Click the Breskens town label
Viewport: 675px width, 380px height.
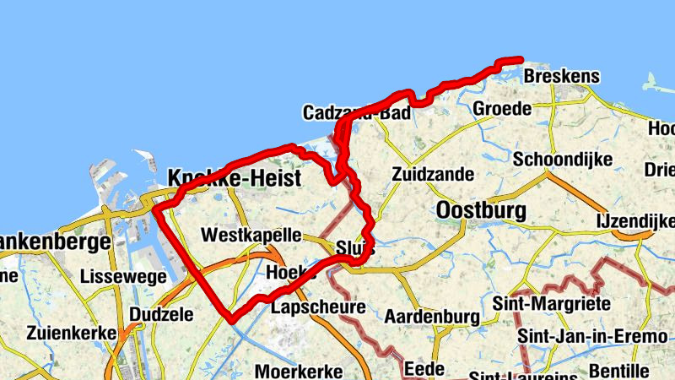point(561,77)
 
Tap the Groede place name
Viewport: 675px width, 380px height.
point(502,109)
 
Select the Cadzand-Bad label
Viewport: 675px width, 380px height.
point(357,113)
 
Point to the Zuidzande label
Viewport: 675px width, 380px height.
point(433,175)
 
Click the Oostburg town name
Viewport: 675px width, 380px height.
point(481,209)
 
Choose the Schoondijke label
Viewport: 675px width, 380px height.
point(559,160)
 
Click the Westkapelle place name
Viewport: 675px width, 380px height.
point(251,235)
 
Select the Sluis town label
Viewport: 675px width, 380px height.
point(354,249)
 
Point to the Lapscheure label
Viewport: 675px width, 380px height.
point(317,307)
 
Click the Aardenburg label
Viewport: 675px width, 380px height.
point(432,318)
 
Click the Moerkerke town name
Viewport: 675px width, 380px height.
point(299,371)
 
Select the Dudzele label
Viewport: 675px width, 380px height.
point(161,314)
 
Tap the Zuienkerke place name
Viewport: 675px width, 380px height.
point(71,333)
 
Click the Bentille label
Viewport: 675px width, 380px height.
point(620,370)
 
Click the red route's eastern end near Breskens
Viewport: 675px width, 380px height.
point(521,59)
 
